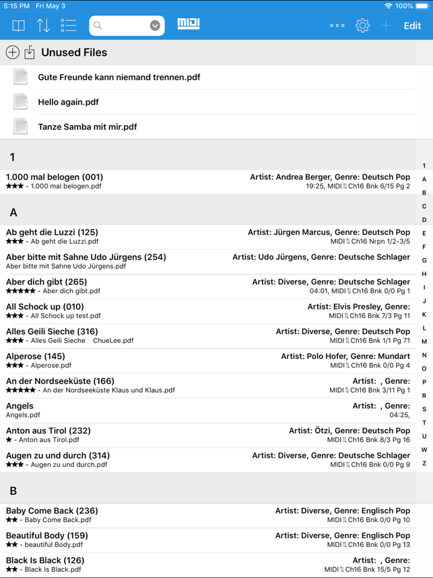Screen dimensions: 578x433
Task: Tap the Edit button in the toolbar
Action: (412, 26)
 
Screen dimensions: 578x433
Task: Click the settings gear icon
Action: (362, 26)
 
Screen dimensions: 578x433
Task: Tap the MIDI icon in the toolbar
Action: (189, 24)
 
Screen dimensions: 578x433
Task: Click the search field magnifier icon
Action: (98, 26)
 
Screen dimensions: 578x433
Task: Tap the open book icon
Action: (18, 26)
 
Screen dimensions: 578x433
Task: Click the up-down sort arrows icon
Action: (43, 26)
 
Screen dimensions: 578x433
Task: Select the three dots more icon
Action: (337, 26)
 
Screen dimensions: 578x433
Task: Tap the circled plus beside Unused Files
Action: (12, 53)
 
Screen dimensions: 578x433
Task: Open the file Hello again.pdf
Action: (68, 102)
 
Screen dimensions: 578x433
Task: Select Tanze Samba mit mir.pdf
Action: (88, 127)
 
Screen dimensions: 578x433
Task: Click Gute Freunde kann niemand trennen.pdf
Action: (119, 77)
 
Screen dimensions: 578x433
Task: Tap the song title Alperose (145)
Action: (36, 356)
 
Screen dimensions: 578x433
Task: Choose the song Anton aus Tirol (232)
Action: (48, 430)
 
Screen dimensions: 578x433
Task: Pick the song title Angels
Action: (20, 406)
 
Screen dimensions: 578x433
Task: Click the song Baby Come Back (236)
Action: (52, 511)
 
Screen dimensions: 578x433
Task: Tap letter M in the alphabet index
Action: (424, 342)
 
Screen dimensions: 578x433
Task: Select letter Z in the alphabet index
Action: (424, 463)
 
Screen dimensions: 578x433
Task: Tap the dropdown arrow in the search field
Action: (155, 26)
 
